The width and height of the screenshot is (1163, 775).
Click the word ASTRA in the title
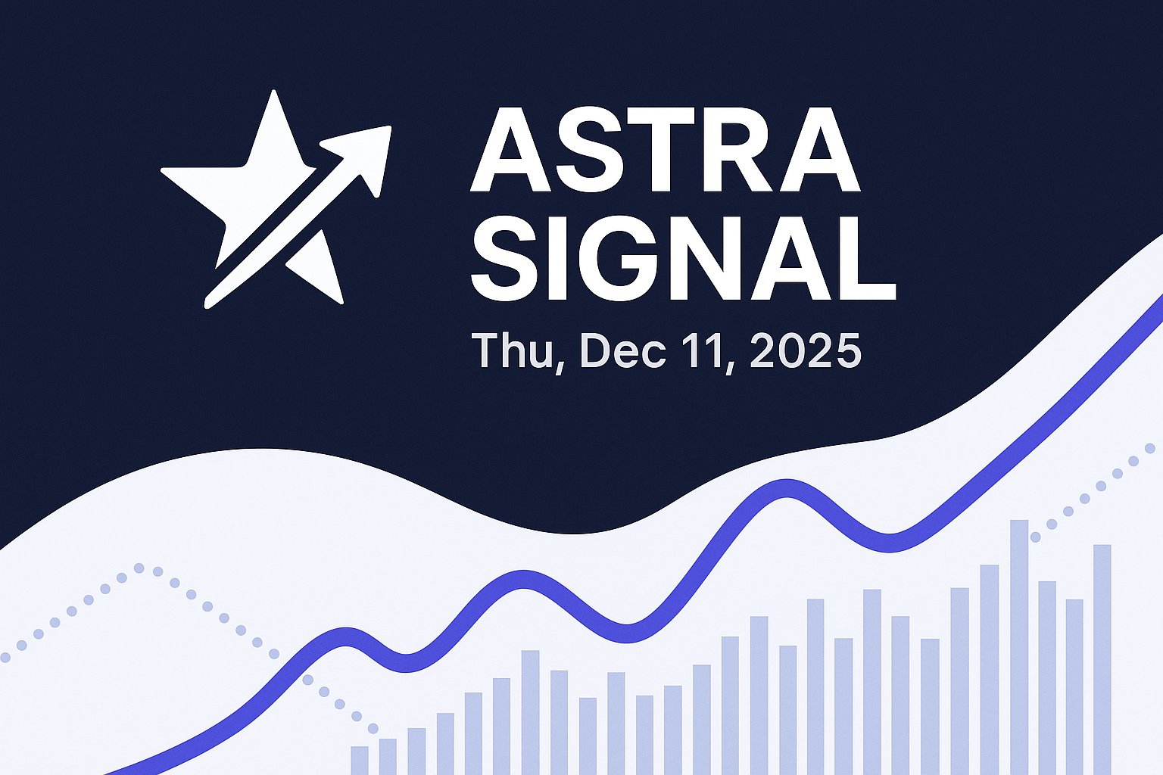click(x=665, y=150)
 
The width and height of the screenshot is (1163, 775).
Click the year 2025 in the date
click(x=805, y=350)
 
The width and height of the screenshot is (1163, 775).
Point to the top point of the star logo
click(x=274, y=94)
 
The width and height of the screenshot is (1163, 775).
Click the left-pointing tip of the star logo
click(x=165, y=173)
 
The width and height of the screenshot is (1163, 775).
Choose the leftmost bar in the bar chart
click(x=360, y=760)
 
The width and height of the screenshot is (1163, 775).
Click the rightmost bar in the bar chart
click(x=1102, y=658)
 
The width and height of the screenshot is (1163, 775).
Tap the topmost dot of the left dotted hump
click(x=139, y=568)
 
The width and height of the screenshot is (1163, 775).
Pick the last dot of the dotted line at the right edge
click(x=1149, y=449)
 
